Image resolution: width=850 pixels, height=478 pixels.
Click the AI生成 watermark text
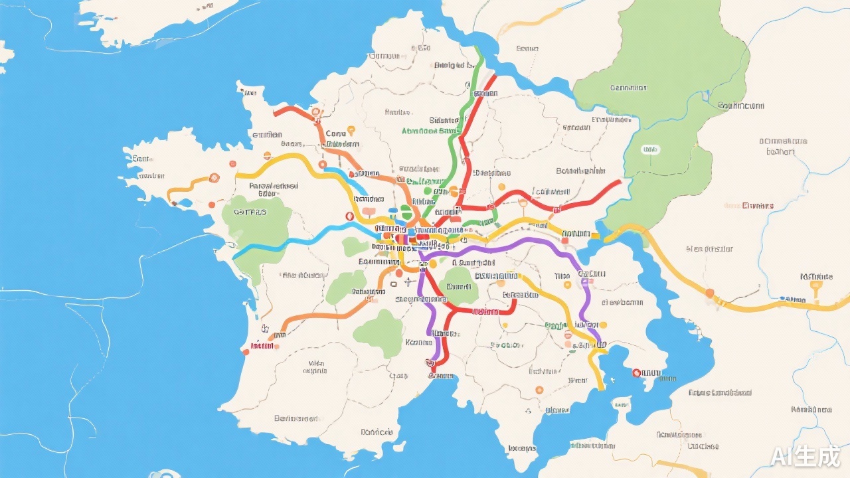click(x=805, y=456)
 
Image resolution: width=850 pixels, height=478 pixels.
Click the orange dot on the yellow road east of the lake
click(x=709, y=292)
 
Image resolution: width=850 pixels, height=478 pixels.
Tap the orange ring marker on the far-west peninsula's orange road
click(x=214, y=178)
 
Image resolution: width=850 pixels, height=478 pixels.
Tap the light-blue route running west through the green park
click(x=279, y=243)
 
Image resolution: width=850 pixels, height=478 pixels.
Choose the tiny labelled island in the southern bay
click(x=622, y=402)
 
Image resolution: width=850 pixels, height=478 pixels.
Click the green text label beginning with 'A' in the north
click(x=430, y=131)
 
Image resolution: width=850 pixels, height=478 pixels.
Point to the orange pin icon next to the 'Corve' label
click(x=351, y=131)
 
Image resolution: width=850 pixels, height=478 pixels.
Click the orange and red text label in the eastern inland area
click(x=748, y=206)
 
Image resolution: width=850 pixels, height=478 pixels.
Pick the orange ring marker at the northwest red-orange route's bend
click(x=316, y=112)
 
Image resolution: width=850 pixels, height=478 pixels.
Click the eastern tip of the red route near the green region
click(x=620, y=181)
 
